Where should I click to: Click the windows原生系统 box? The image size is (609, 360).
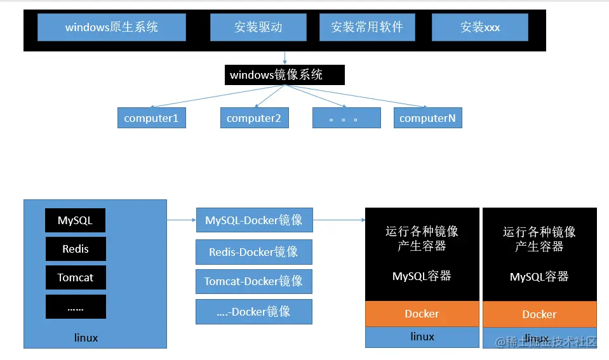pos(111,27)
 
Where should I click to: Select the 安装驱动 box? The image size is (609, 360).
pos(258,27)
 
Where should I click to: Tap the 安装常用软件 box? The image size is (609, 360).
pos(366,27)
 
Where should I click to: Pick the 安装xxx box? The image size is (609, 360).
pos(479,27)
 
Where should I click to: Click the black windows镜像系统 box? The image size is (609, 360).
pos(284,75)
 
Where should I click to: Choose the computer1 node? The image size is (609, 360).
pos(151,118)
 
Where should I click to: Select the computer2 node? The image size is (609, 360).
pos(254,118)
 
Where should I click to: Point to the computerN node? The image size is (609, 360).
pos(427,118)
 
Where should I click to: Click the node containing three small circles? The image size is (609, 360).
pos(346,118)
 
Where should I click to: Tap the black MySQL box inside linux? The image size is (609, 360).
pos(75,220)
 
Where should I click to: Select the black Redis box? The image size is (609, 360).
pos(75,249)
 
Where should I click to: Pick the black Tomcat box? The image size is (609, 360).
pos(75,277)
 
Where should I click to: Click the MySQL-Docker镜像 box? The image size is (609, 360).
pos(254,220)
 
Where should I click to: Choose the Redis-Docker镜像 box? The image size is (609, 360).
pos(254,252)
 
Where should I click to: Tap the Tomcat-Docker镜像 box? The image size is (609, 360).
pos(254,281)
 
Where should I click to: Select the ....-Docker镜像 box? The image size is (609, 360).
pos(254,311)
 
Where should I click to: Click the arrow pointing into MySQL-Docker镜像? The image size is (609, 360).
pos(182,220)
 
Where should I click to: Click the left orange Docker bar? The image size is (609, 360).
pos(422,314)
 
